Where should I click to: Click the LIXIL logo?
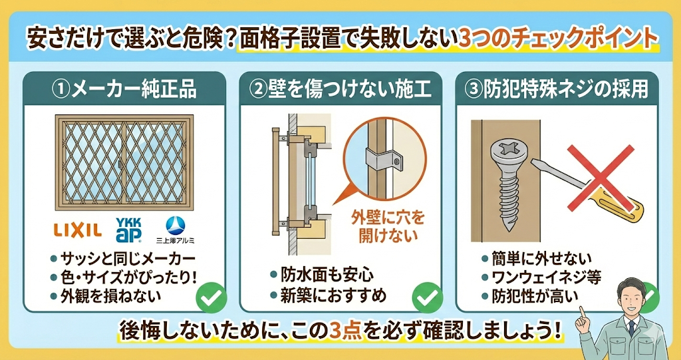[78, 230]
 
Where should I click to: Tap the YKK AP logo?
[128, 229]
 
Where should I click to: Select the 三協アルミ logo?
[176, 230]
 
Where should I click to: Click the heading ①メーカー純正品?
[124, 89]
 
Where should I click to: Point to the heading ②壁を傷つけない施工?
[340, 89]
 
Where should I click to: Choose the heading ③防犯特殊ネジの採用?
[557, 89]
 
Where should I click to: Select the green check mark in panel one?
[211, 297]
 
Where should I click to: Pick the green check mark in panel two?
[427, 297]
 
